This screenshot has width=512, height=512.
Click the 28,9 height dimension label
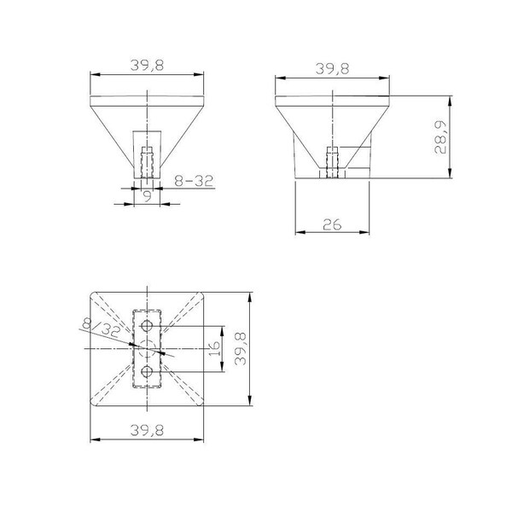[x=440, y=137]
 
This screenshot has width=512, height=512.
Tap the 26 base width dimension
[x=332, y=224]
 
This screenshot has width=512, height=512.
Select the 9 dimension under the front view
[x=148, y=196]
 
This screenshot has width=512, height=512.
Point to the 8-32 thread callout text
[x=194, y=181]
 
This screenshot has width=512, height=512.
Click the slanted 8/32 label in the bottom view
[x=102, y=329]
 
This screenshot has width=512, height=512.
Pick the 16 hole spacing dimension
[x=214, y=348]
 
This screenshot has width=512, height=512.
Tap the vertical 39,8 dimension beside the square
[x=241, y=349]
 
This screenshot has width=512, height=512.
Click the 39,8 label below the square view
[x=147, y=430]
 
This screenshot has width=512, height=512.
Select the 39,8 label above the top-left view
[x=147, y=65]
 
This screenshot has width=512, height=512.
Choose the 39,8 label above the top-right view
[x=333, y=68]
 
